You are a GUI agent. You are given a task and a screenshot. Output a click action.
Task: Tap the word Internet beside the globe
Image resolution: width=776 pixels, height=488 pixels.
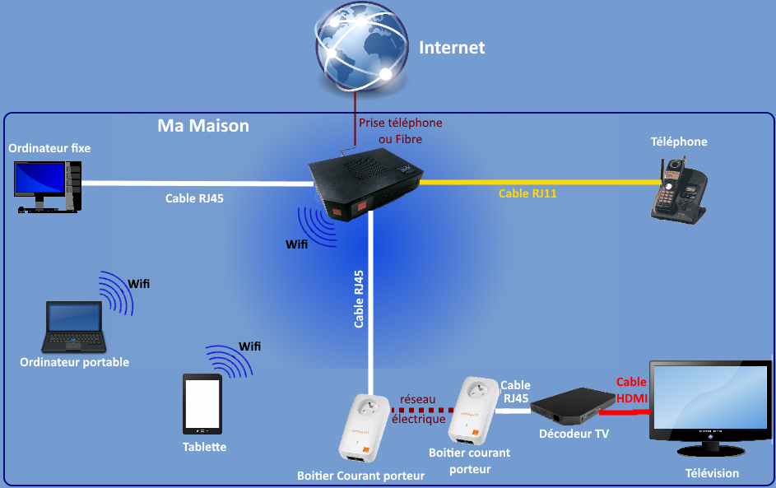point(452,48)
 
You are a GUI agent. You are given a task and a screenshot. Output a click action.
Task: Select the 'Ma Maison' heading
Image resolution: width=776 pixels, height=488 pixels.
point(202,126)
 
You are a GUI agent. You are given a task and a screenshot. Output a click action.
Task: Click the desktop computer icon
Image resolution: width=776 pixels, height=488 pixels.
point(48,186)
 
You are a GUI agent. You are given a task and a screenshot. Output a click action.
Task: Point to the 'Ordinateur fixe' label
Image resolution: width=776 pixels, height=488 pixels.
point(49,148)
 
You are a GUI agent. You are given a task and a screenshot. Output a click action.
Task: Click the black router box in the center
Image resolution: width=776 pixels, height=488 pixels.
point(365,185)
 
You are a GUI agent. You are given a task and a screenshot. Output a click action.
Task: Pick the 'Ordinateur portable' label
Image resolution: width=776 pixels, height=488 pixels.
point(74,362)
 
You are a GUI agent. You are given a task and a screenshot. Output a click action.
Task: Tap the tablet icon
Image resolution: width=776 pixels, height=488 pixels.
point(202,404)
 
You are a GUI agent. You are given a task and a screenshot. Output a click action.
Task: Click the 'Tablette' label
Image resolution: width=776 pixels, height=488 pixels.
point(204,447)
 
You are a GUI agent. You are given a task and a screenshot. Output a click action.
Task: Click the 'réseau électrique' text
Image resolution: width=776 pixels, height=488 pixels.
point(418,409)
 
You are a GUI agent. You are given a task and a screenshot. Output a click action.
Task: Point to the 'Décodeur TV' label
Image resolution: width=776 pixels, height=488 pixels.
point(574,434)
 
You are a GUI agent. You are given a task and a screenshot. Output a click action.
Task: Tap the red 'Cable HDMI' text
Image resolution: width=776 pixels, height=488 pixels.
point(632,390)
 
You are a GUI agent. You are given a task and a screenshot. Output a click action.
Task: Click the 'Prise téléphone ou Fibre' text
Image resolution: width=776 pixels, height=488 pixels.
point(400,131)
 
